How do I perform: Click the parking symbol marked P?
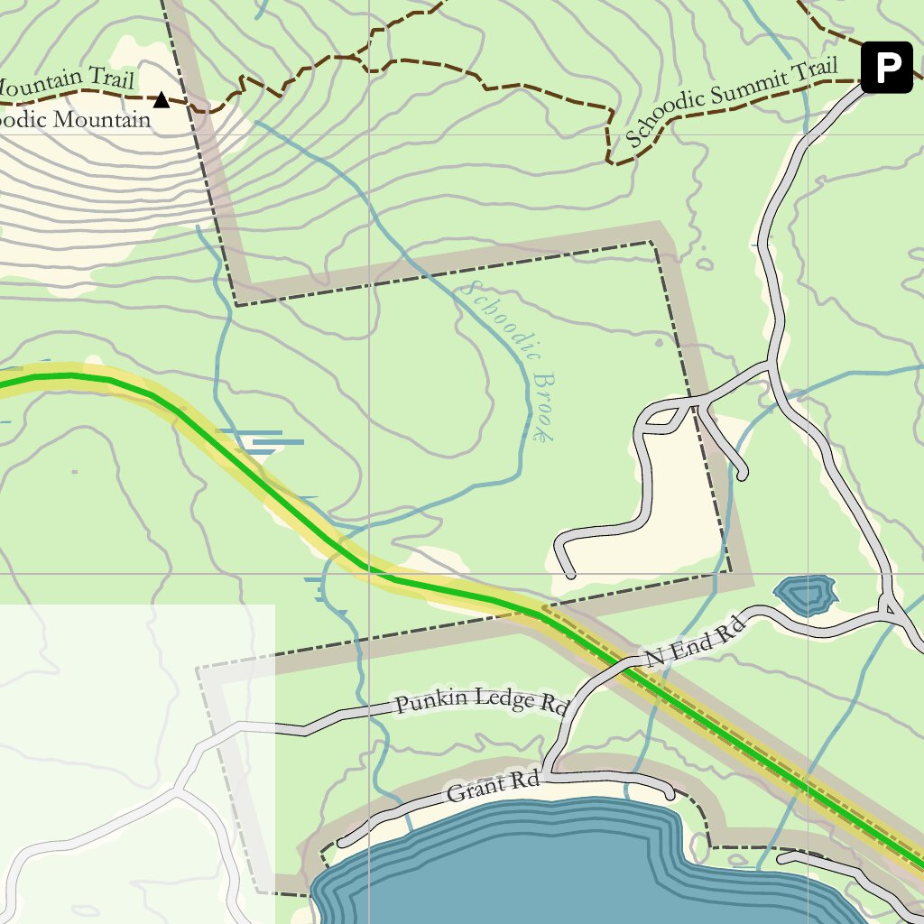pos(886,67)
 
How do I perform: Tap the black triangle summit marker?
pos(162,99)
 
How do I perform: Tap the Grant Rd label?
pos(493,787)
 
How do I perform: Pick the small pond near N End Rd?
pos(805,594)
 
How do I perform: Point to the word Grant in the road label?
pos(476,790)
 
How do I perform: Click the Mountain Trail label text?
pos(63,84)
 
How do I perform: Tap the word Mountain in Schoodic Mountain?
pos(98,120)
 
